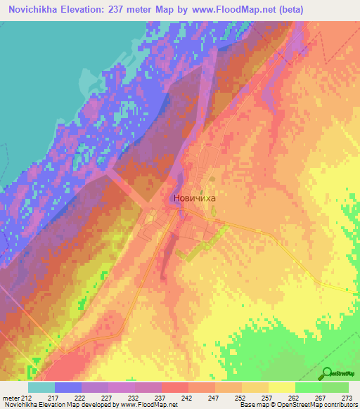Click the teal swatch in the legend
[41, 387]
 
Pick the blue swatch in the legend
[68, 387]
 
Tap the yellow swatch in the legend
[281, 387]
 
